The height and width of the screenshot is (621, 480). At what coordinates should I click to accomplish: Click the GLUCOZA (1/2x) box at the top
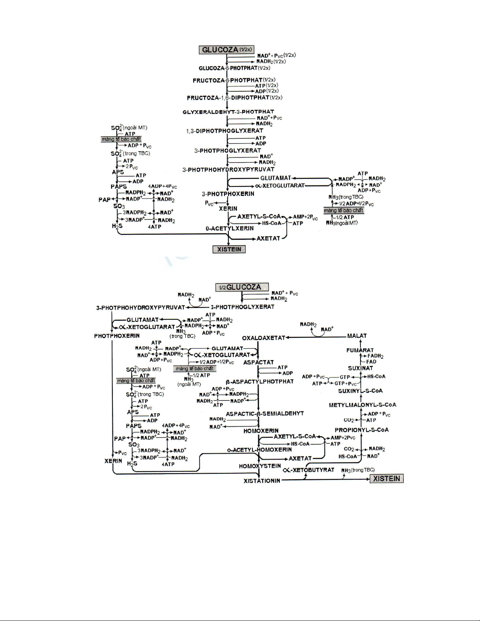click(226, 50)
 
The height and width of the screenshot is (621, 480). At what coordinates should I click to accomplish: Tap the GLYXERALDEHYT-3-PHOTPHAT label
click(228, 112)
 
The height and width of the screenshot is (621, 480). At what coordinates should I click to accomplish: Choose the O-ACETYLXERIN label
click(230, 228)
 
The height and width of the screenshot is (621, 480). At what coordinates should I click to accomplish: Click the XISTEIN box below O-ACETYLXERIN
click(229, 250)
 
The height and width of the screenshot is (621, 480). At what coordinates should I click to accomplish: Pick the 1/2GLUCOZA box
click(242, 287)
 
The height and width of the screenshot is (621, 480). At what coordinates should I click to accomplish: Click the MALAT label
click(357, 336)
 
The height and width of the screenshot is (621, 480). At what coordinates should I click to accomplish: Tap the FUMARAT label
click(360, 350)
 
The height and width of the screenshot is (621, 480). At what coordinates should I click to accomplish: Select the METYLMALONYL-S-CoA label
click(362, 405)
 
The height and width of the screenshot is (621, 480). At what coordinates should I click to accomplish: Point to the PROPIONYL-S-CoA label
click(362, 430)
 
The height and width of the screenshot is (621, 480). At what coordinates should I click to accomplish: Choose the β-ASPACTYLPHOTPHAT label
click(259, 381)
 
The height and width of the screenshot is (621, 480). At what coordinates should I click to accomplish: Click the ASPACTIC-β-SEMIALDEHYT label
click(264, 413)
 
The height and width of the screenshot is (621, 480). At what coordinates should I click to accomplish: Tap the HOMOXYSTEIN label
click(260, 466)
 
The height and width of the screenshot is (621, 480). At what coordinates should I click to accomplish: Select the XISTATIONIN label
click(262, 480)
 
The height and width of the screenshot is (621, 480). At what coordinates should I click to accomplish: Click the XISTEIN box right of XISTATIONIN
click(387, 479)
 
